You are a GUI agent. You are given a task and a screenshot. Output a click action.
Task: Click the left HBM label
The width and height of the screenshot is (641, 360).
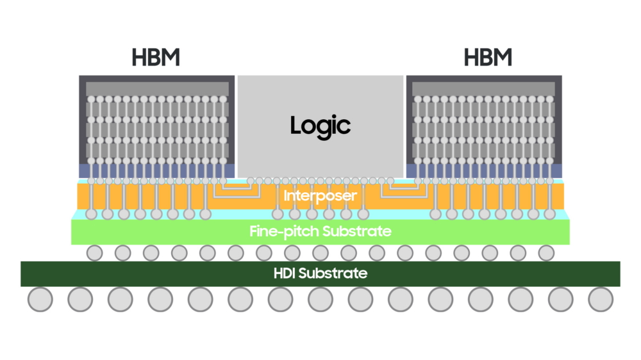tap(156, 58)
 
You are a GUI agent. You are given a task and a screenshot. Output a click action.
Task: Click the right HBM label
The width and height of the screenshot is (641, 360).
tap(488, 58)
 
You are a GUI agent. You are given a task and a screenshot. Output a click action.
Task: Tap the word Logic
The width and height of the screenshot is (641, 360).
tap(320, 125)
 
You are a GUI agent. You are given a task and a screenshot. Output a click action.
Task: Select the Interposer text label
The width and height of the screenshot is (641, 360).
tap(320, 195)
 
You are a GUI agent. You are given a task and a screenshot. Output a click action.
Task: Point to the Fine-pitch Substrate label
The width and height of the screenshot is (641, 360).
tap(320, 231)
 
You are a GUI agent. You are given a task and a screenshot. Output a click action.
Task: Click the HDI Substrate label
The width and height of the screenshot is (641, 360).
tap(320, 274)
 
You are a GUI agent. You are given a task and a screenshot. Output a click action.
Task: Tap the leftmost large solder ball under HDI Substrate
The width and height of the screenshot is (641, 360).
tap(40, 299)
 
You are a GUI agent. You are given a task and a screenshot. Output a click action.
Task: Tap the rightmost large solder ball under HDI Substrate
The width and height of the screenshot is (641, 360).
tap(601, 299)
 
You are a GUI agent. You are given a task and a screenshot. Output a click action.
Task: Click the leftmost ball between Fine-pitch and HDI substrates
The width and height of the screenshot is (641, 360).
tap(95, 253)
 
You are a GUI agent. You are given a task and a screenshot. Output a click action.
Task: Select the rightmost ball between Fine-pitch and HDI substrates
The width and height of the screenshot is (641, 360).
tap(546, 253)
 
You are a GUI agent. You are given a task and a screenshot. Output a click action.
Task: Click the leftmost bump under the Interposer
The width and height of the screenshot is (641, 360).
tap(91, 214)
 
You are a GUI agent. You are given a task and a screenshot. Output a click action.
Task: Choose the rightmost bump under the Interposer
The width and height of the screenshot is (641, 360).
tap(549, 214)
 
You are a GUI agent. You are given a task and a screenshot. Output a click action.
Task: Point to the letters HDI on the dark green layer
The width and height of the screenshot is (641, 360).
tap(286, 274)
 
